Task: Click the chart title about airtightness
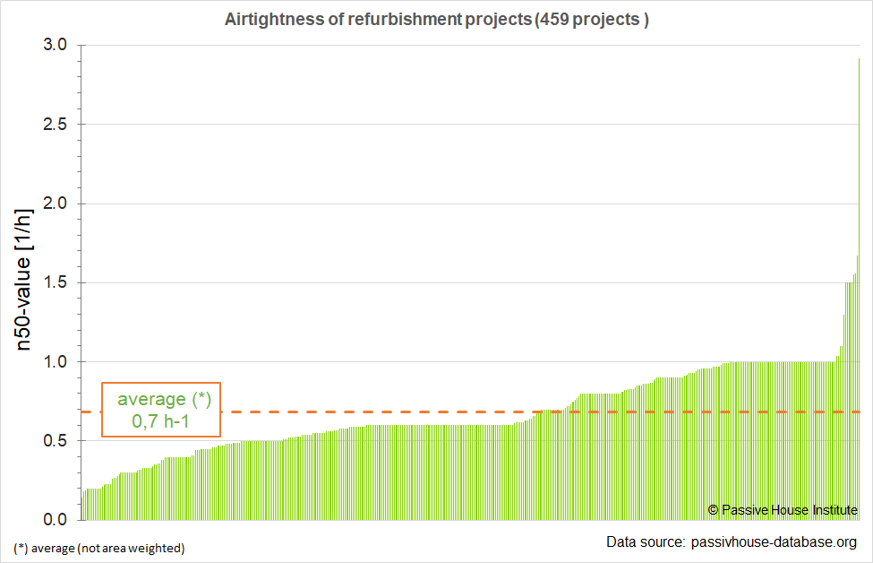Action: point(436,20)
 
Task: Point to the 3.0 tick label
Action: point(54,45)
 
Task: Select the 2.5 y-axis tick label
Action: point(54,125)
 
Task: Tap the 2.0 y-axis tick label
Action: point(54,204)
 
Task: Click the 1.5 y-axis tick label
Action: point(54,282)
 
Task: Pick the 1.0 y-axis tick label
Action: point(54,362)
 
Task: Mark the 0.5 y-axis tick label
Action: point(54,441)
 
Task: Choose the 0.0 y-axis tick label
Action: point(54,520)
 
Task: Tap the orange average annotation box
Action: point(161,410)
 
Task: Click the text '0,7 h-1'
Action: point(161,421)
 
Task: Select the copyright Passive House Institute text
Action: point(783,509)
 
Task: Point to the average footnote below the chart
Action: point(98,548)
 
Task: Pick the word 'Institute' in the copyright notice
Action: point(835,509)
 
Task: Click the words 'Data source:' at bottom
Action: point(645,542)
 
